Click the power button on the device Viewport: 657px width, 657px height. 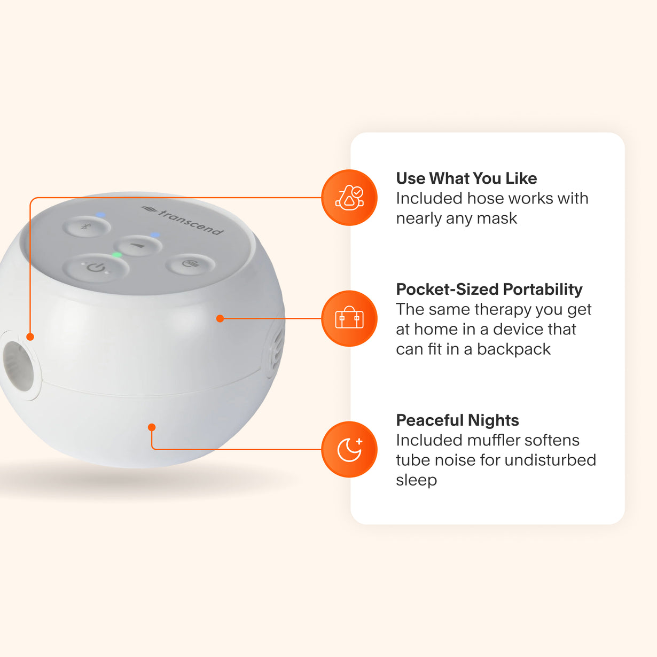click(x=96, y=267)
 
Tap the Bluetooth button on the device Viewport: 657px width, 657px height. click(x=86, y=226)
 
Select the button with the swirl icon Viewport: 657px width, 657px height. click(x=190, y=264)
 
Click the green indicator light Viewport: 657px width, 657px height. click(x=117, y=255)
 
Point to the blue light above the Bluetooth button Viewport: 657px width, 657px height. click(x=100, y=215)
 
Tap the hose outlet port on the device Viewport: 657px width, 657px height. click(x=18, y=364)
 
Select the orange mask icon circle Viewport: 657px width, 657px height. click(x=349, y=198)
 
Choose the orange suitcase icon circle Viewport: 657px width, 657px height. click(x=349, y=318)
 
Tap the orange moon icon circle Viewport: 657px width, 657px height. click(x=349, y=449)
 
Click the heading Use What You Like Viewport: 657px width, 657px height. click(x=466, y=178)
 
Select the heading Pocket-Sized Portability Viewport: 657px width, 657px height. click(x=489, y=290)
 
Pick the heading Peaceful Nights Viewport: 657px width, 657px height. click(x=457, y=420)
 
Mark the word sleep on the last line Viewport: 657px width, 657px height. click(x=416, y=480)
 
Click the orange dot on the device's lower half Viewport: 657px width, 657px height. click(x=152, y=427)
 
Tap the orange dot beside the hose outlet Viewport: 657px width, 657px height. click(x=30, y=337)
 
